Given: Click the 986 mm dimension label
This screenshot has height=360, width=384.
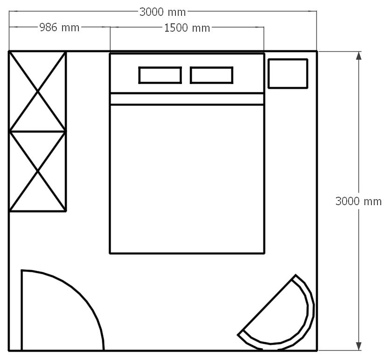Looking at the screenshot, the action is click(x=59, y=28).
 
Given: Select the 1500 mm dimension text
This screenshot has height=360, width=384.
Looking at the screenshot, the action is click(x=187, y=28).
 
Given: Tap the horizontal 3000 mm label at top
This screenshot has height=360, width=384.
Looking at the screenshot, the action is click(x=162, y=12).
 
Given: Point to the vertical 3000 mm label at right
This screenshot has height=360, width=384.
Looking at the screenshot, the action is click(x=358, y=201).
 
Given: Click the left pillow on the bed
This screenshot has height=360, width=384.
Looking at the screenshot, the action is click(x=160, y=75).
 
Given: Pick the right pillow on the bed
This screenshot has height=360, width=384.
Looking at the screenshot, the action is click(x=211, y=75).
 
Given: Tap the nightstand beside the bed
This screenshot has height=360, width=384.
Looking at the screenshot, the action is click(x=288, y=73).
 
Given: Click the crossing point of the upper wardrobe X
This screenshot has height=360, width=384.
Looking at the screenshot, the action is click(x=38, y=91).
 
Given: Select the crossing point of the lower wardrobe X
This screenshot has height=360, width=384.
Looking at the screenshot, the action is click(x=38, y=171).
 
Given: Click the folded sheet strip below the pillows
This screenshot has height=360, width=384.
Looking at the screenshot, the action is click(x=187, y=99).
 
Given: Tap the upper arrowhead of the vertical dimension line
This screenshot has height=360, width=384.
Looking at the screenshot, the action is click(x=359, y=55).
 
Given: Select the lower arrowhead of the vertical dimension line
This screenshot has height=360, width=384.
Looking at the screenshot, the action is click(x=359, y=346).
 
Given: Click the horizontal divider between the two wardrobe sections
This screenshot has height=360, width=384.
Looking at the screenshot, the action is click(x=38, y=132).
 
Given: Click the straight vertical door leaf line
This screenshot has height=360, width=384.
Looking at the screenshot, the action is click(x=22, y=310).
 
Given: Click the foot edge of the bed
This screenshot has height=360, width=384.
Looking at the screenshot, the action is click(x=187, y=253).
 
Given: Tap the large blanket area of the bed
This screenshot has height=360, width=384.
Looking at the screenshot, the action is click(x=187, y=179).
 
